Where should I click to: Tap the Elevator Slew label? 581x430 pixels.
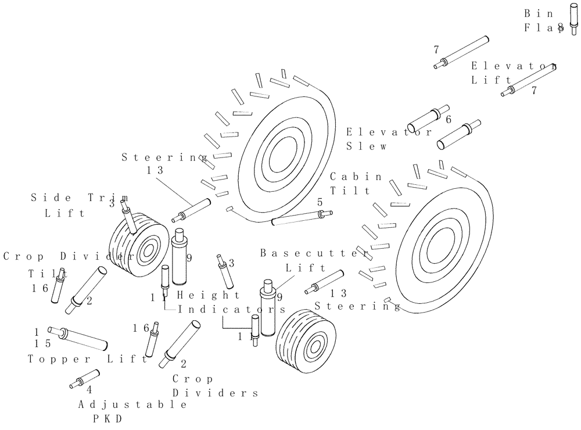click(x=388, y=139)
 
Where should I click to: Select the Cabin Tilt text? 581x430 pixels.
click(x=356, y=183)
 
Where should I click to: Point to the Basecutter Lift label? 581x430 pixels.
click(x=314, y=260)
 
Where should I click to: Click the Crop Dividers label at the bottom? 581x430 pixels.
click(x=214, y=385)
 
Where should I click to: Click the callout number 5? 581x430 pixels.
click(x=320, y=202)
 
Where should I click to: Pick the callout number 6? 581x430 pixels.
click(x=449, y=119)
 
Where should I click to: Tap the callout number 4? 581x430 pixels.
click(x=89, y=390)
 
